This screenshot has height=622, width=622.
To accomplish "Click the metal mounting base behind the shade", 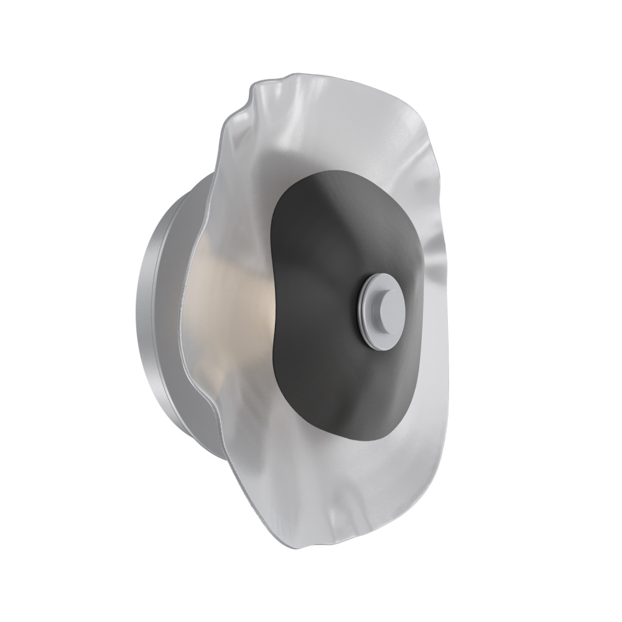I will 168,299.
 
